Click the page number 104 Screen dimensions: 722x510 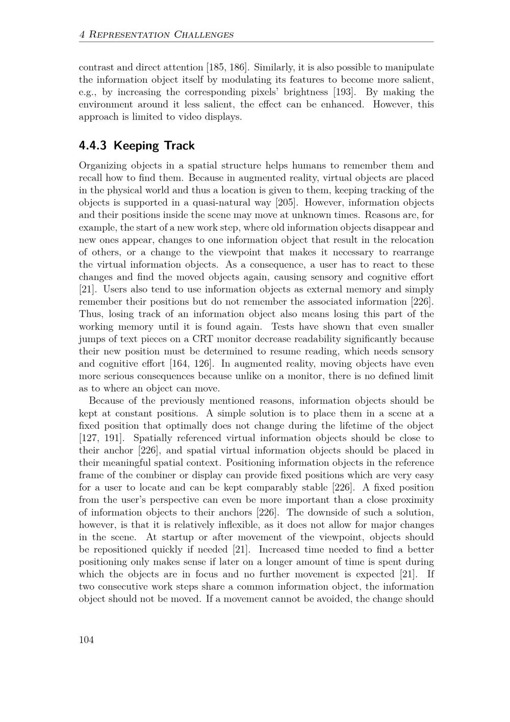click(x=86, y=640)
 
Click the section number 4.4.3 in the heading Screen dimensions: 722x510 click(x=93, y=146)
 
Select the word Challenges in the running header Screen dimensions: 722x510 click(x=204, y=35)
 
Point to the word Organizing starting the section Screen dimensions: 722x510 click(x=102, y=166)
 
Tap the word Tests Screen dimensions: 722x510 click(x=283, y=327)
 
